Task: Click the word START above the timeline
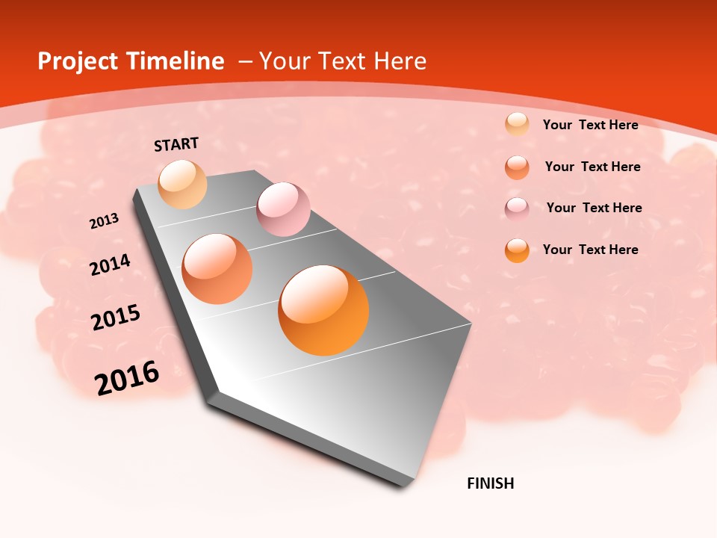click(176, 144)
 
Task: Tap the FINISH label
click(490, 483)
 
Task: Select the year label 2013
click(105, 221)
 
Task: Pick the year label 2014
click(110, 265)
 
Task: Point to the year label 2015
click(116, 318)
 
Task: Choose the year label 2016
click(127, 378)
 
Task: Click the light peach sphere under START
click(182, 184)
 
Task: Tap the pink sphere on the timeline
click(283, 208)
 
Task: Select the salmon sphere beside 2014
click(217, 268)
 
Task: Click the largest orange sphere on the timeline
click(323, 309)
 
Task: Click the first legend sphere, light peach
click(517, 124)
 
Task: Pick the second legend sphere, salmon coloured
click(517, 167)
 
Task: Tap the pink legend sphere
click(517, 208)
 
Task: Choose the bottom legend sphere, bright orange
click(517, 250)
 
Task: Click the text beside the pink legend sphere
click(594, 208)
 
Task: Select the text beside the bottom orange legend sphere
click(590, 250)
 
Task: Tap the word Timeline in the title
click(178, 61)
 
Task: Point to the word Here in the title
click(400, 61)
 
